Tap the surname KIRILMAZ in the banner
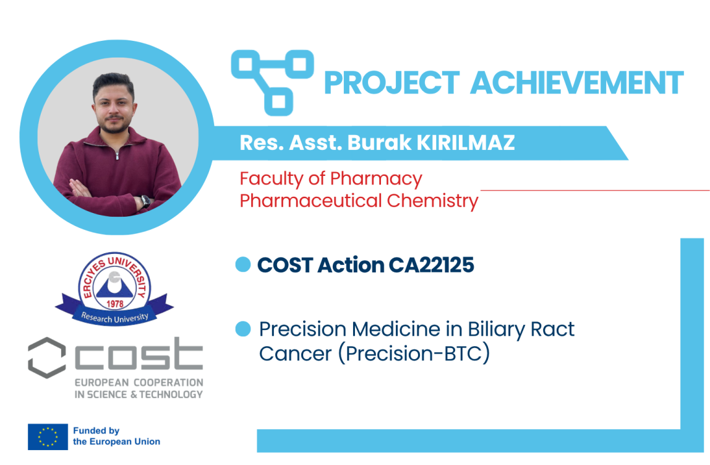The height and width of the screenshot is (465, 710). tap(466, 142)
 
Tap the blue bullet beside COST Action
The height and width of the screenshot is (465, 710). tap(243, 264)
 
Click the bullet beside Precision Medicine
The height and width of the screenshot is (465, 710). tap(243, 329)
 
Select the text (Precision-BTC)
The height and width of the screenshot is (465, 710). tap(414, 354)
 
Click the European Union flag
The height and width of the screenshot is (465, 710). tap(48, 437)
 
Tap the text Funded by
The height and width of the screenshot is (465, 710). tap(96, 430)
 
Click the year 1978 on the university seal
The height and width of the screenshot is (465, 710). tap(115, 303)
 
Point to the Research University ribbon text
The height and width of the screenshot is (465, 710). tap(114, 318)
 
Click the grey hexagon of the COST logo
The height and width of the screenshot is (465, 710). tap(46, 358)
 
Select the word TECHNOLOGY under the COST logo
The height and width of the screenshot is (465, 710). tap(171, 395)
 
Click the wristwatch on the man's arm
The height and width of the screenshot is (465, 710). tap(145, 201)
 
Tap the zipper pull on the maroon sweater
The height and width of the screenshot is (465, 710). tap(117, 155)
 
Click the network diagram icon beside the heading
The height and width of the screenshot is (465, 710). tap(273, 82)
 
